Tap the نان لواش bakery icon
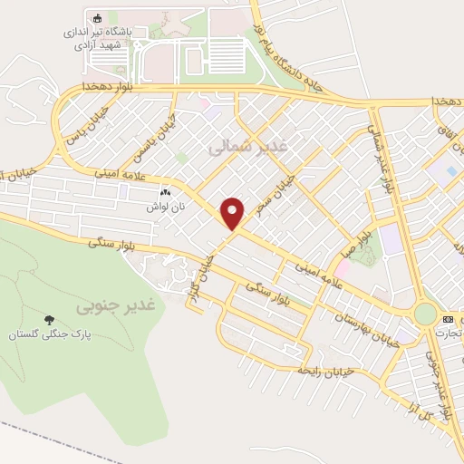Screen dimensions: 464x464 [x=165, y=193]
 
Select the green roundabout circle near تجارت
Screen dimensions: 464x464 [x=424, y=314]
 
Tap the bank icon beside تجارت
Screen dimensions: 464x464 [x=448, y=320]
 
